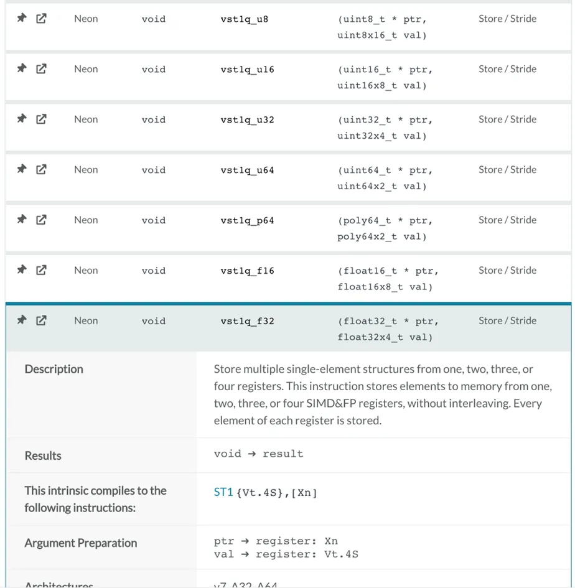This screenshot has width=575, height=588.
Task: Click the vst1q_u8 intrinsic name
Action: tap(245, 19)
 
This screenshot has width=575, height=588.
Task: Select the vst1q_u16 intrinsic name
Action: tap(247, 70)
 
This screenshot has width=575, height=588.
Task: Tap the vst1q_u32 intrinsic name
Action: tap(247, 120)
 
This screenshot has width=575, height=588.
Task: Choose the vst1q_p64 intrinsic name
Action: tap(247, 221)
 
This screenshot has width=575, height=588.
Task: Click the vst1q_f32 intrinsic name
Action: tap(247, 322)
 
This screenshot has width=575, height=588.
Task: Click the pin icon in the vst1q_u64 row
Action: tap(22, 169)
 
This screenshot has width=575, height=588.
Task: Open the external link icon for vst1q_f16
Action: tap(41, 270)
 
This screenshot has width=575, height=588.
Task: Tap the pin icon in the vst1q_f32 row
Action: tap(22, 320)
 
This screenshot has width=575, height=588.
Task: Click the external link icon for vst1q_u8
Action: tap(41, 19)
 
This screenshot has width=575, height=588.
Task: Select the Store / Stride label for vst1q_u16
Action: tap(507, 69)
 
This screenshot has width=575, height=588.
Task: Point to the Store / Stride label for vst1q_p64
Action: tap(507, 220)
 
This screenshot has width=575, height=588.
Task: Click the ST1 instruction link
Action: tap(223, 492)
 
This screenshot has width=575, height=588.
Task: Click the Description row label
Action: tap(54, 370)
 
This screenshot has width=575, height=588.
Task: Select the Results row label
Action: tap(43, 456)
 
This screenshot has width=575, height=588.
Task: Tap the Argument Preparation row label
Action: tap(81, 543)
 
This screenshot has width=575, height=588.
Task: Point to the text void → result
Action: tap(258, 454)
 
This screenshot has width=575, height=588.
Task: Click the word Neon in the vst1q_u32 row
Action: tap(86, 119)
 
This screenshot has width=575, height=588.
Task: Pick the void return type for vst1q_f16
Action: tap(153, 271)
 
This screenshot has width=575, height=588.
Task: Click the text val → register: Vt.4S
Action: tap(286, 554)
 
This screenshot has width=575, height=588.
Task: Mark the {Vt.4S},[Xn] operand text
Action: tap(277, 493)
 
